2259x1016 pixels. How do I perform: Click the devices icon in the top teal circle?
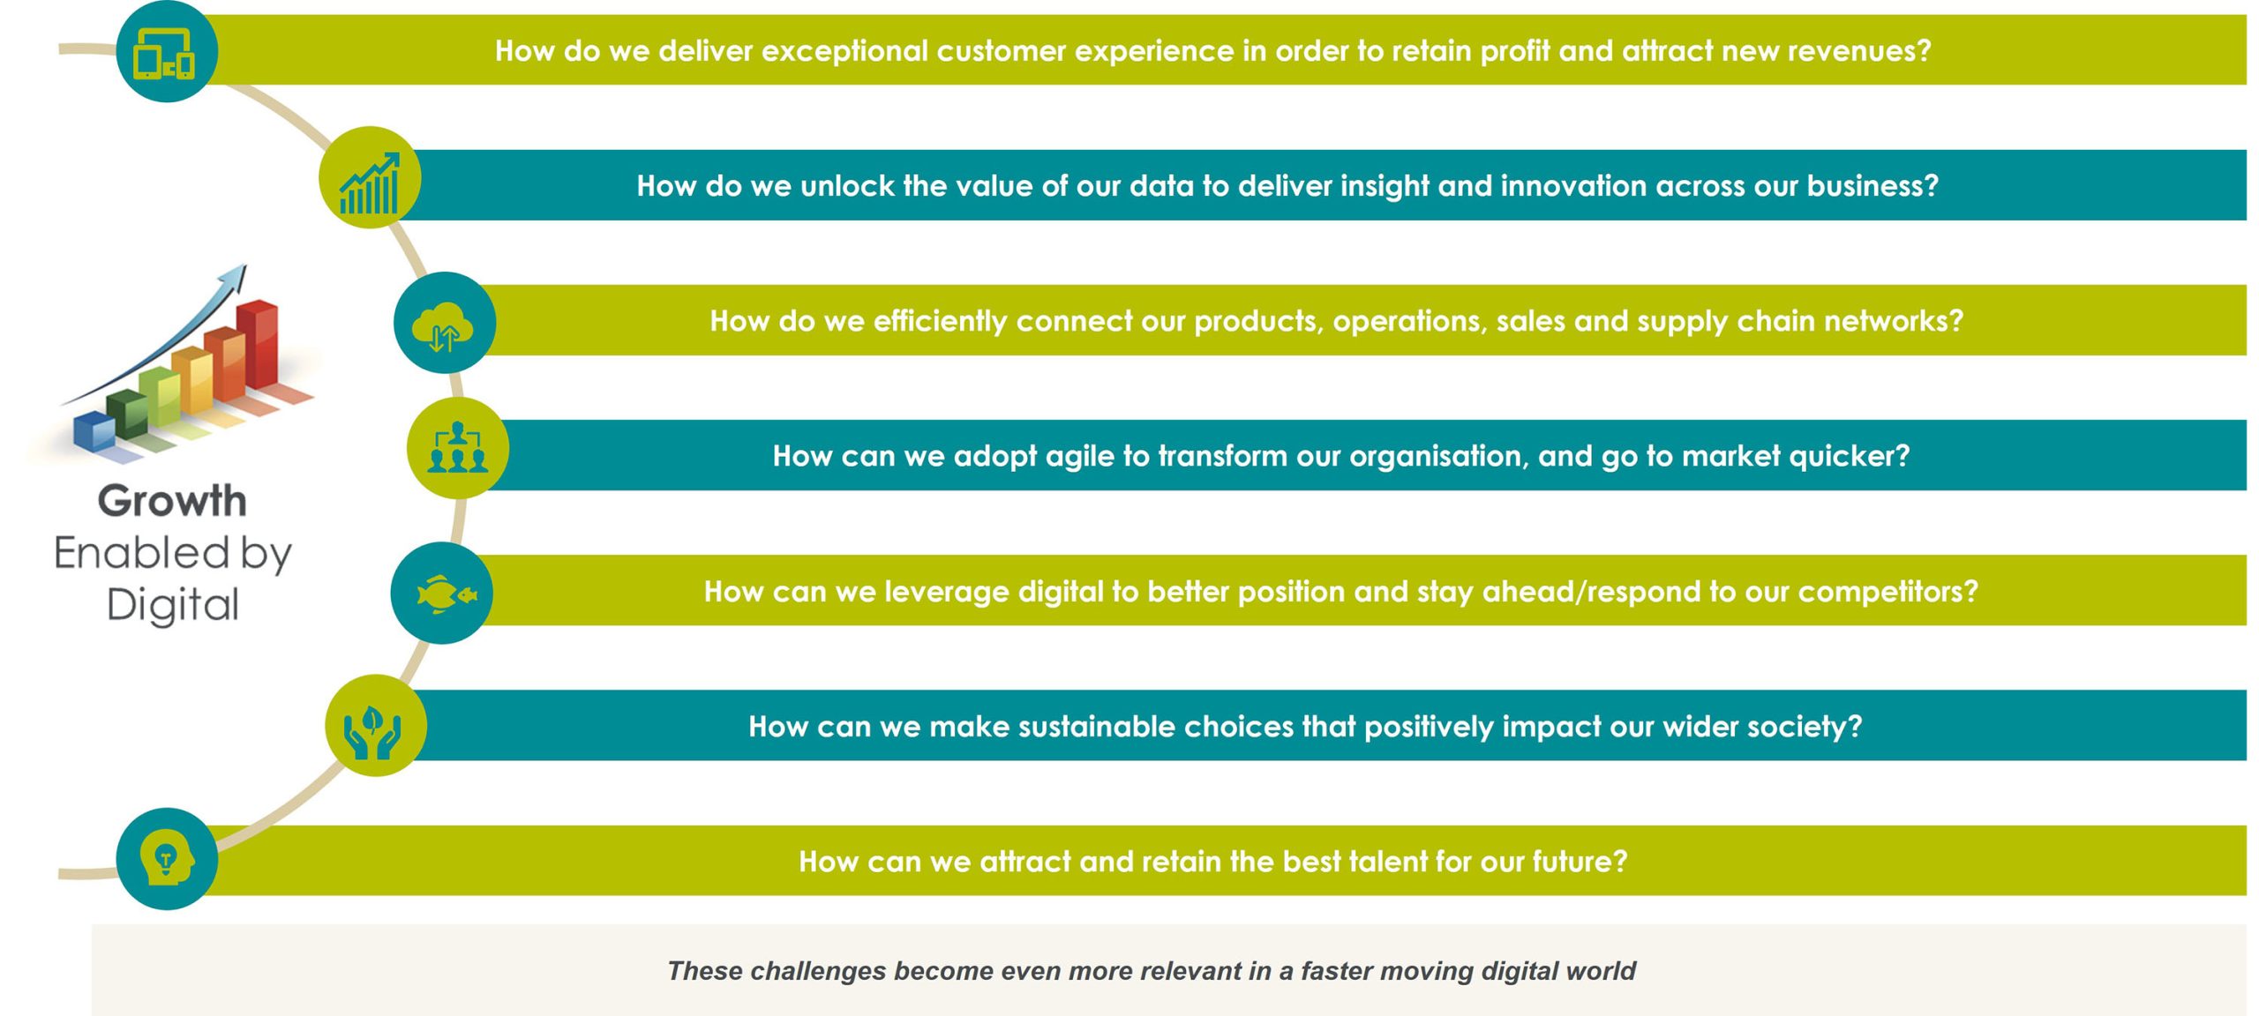[x=163, y=54]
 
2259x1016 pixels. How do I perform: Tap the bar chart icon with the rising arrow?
[x=370, y=183]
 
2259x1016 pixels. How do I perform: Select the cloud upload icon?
[x=443, y=325]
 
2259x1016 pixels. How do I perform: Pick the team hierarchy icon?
[x=457, y=447]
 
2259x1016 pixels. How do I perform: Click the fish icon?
[x=446, y=594]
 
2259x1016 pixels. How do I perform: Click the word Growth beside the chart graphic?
[x=172, y=500]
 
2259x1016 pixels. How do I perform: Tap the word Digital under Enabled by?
[x=173, y=605]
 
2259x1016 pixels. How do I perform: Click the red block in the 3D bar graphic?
[x=258, y=344]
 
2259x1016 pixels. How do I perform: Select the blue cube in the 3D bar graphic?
[x=94, y=431]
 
